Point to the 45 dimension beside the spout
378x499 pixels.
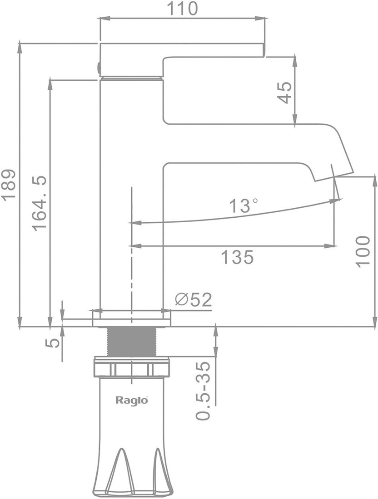284,93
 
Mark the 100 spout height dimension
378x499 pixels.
363,251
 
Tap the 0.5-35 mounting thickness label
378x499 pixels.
204,391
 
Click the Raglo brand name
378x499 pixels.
132,400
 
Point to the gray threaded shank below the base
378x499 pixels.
132,342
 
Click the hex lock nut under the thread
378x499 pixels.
132,367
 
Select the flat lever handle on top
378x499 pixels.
182,51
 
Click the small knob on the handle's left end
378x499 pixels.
99,67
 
